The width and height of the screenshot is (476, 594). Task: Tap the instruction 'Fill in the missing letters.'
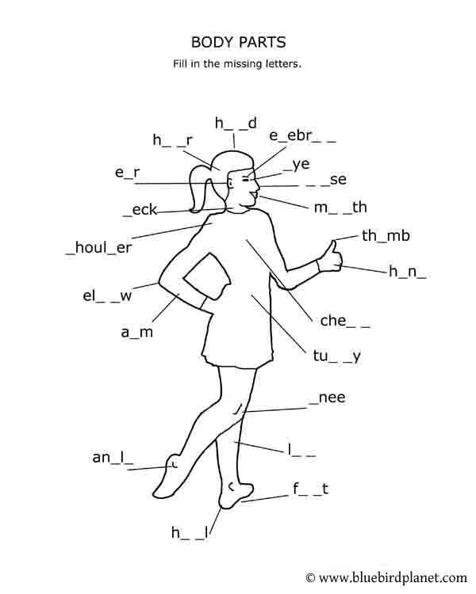(238, 64)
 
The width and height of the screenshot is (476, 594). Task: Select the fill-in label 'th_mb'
(386, 236)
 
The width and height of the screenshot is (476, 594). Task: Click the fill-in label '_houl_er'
(99, 247)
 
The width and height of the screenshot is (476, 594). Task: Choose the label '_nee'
(328, 398)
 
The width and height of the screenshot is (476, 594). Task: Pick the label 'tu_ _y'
(332, 356)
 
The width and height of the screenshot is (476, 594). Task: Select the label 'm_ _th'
(340, 208)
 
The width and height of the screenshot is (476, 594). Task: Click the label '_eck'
(140, 210)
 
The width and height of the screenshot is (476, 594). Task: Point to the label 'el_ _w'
(107, 297)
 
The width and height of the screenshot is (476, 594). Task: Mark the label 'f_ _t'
(310, 489)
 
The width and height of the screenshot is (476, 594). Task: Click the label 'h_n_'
(407, 272)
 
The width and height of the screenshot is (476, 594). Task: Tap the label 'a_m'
(136, 333)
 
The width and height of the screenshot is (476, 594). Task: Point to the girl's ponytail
(198, 190)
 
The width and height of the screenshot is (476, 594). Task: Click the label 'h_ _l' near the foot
(190, 533)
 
